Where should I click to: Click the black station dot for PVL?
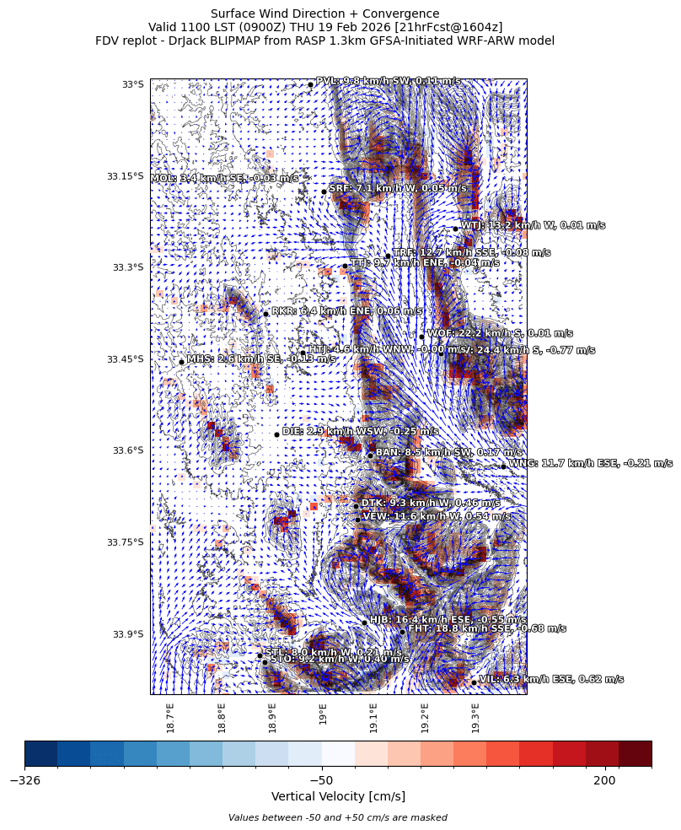[310, 84]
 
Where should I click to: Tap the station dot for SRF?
[324, 191]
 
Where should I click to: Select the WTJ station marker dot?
[455, 229]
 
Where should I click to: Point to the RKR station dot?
[265, 314]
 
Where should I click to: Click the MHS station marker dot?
[181, 362]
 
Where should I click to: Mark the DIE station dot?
[276, 434]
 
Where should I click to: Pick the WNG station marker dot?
[503, 466]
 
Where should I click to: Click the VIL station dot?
[474, 682]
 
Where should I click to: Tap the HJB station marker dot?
[364, 622]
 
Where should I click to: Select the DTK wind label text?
[436, 504]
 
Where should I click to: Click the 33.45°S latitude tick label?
[125, 359]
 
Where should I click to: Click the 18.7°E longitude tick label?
[170, 718]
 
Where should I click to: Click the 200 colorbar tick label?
[604, 781]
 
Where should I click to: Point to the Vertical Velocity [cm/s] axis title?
[338, 796]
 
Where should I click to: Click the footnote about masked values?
[338, 817]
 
